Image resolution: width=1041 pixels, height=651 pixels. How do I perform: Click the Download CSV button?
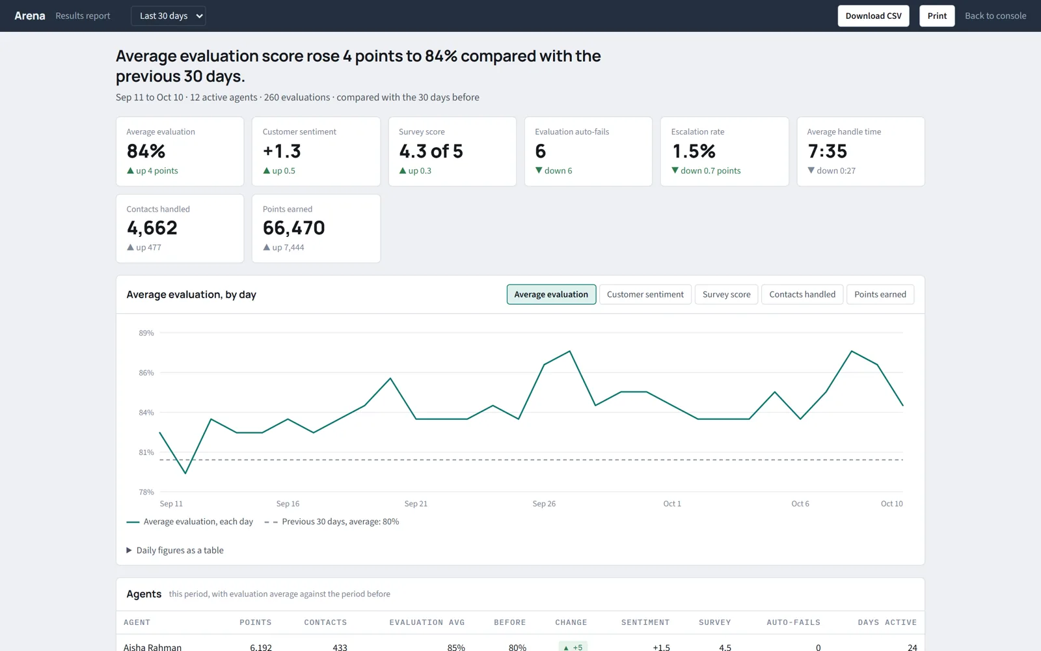coord(873,16)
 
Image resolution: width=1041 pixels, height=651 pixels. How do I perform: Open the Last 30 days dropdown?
coord(169,16)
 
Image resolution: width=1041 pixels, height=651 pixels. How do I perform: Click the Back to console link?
coord(995,16)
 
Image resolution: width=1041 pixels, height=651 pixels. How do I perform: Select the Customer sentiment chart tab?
coord(645,294)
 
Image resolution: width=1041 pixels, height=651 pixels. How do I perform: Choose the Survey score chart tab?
coord(726,294)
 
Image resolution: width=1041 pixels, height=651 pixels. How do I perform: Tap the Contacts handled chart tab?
coord(802,294)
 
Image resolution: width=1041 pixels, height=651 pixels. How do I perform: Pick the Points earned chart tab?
coord(880,294)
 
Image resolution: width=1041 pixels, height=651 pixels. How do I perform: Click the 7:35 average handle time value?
coord(827,151)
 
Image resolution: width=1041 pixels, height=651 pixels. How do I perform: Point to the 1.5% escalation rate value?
coord(694,151)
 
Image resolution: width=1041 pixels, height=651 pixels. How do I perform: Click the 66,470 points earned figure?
coord(293,228)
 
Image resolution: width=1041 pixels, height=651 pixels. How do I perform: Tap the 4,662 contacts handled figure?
coord(152,228)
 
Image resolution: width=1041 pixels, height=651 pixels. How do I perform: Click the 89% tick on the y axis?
coord(146,333)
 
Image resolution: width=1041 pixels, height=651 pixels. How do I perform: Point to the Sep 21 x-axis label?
coord(416,504)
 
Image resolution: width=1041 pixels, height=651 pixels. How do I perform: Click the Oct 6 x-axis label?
coord(800,504)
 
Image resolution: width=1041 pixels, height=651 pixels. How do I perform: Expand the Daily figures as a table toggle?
coord(175,550)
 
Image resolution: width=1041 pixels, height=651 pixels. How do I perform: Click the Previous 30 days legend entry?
coord(331,521)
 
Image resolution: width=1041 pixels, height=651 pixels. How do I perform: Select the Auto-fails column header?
coord(793,622)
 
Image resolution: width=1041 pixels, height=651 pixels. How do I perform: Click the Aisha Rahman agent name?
coord(152,647)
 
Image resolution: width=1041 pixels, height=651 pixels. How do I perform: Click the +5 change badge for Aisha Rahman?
coord(573,647)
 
